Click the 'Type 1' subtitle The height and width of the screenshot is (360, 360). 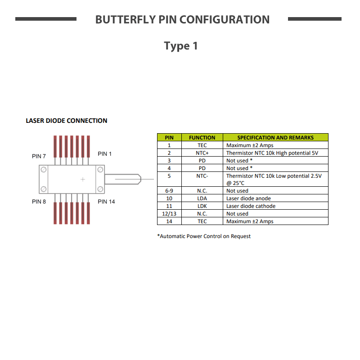tap(181, 46)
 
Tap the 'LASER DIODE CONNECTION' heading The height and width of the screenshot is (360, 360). tap(66, 121)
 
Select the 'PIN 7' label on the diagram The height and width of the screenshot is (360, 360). tap(39, 156)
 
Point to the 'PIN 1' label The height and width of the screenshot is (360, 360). tap(104, 154)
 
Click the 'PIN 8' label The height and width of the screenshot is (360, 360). tap(39, 202)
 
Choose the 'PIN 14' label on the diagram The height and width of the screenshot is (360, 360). tap(106, 202)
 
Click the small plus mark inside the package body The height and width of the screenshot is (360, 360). tap(83, 179)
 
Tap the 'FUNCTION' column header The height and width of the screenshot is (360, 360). tap(202, 138)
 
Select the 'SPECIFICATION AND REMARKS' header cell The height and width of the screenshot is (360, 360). tap(275, 138)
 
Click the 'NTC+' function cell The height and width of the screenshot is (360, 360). tap(202, 153)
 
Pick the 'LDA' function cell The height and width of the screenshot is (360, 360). tap(202, 198)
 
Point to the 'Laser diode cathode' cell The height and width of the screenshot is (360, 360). tap(275, 206)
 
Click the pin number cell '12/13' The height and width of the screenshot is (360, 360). tap(169, 214)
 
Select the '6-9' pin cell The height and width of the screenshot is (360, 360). tap(169, 191)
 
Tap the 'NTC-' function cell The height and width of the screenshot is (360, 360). tap(202, 179)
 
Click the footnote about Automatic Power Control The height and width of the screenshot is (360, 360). tap(204, 236)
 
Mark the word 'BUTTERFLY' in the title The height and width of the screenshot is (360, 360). tap(126, 19)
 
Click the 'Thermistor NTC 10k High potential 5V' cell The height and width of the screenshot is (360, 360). tap(275, 153)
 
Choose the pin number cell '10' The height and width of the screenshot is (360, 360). tap(169, 198)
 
